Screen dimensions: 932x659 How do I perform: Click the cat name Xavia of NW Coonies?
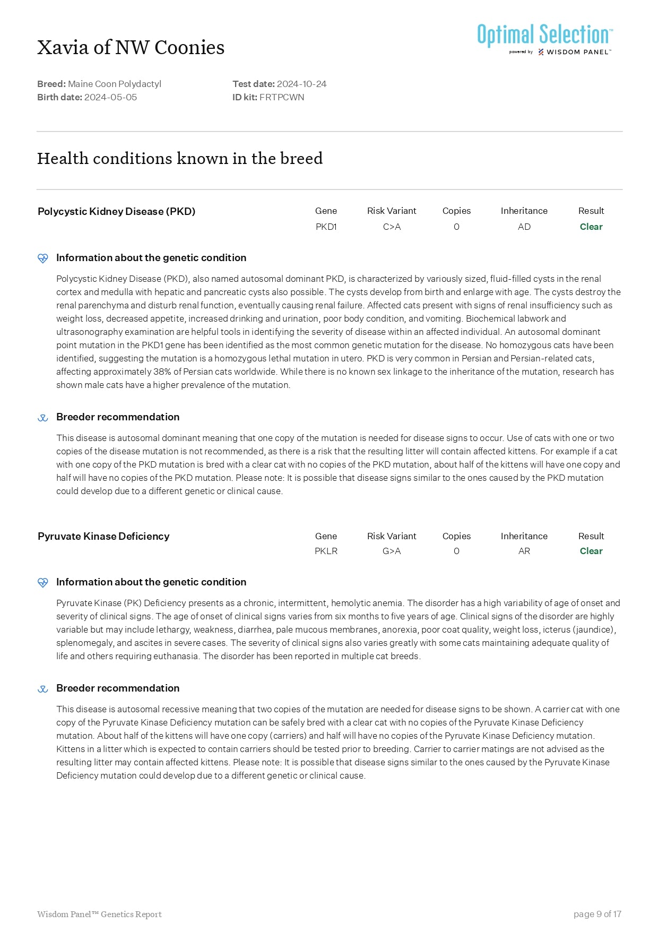[x=131, y=48]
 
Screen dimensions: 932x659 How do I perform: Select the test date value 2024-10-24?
[x=301, y=84]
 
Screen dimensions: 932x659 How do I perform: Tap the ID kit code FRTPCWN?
[x=282, y=97]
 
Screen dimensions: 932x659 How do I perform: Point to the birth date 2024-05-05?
[x=110, y=97]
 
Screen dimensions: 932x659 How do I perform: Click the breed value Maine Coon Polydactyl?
[x=115, y=84]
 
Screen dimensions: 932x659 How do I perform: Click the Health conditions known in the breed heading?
[x=180, y=158]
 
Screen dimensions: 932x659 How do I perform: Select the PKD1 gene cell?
[x=326, y=227]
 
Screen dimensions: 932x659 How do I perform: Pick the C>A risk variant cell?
[x=392, y=227]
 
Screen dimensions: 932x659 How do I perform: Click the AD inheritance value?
[x=524, y=227]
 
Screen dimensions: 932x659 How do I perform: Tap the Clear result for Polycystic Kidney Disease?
[x=591, y=227]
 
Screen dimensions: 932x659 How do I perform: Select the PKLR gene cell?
[x=326, y=551]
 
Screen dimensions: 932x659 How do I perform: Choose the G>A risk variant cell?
[x=392, y=551]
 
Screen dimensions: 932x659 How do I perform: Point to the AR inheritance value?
[x=524, y=551]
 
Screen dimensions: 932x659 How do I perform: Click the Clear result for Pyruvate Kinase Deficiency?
[x=591, y=551]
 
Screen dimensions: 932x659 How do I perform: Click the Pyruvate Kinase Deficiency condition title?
[x=103, y=536]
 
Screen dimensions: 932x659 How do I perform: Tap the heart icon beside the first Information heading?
[x=43, y=258]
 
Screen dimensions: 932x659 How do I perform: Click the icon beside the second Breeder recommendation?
[x=43, y=689]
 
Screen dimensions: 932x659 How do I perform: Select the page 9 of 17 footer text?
[x=597, y=914]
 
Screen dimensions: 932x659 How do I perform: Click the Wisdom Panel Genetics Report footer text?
[x=99, y=914]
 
